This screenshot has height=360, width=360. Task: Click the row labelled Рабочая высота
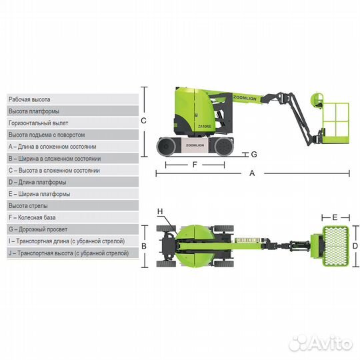click(x=73, y=99)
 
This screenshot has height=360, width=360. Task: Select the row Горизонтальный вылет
click(x=73, y=123)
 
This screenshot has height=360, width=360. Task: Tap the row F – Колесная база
click(x=73, y=217)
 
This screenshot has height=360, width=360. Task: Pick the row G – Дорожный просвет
click(x=73, y=229)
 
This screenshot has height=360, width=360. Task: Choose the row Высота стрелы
click(x=73, y=206)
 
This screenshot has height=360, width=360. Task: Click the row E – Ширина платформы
click(x=73, y=194)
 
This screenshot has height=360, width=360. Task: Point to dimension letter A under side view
click(x=252, y=173)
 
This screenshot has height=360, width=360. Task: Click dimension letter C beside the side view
click(x=143, y=121)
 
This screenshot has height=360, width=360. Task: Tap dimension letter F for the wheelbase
click(x=195, y=165)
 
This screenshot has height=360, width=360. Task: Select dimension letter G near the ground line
click(x=254, y=154)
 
